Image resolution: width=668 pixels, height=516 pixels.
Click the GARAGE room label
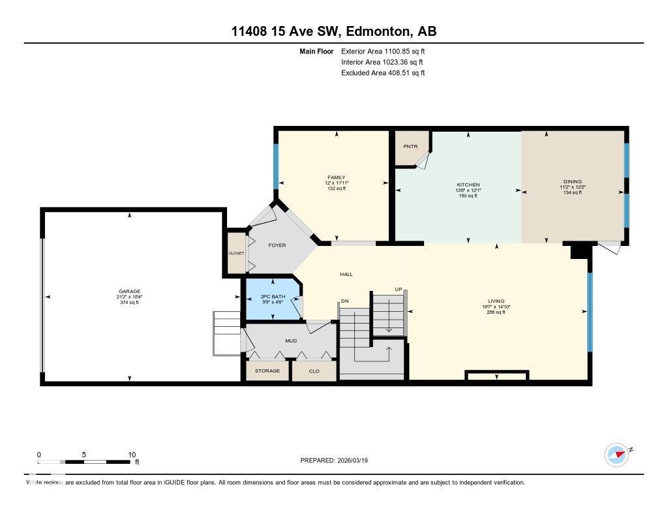pyautogui.click(x=129, y=292)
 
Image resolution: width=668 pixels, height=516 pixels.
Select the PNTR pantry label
pyautogui.click(x=410, y=146)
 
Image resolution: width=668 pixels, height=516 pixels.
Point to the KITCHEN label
pyautogui.click(x=468, y=185)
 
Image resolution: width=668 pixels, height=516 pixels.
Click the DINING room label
pyautogui.click(x=572, y=182)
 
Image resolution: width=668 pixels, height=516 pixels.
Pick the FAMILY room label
pyautogui.click(x=337, y=177)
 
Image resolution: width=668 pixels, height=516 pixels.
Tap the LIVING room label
pyautogui.click(x=496, y=301)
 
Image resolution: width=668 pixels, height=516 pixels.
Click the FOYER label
pyautogui.click(x=278, y=245)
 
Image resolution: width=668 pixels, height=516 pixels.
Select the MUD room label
pyautogui.click(x=291, y=340)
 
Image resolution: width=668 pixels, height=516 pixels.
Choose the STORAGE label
pyautogui.click(x=267, y=371)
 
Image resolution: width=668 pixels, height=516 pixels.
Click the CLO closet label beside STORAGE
pyautogui.click(x=314, y=371)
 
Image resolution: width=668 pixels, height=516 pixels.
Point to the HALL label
pyautogui.click(x=346, y=274)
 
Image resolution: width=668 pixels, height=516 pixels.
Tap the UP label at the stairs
pyautogui.click(x=398, y=289)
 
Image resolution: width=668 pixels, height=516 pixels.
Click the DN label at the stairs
pyautogui.click(x=344, y=301)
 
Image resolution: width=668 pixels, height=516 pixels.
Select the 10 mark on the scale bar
pyautogui.click(x=132, y=455)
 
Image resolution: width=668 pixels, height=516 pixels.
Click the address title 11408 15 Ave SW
pyautogui.click(x=334, y=31)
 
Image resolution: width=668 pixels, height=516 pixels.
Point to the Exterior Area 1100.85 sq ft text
pyautogui.click(x=383, y=51)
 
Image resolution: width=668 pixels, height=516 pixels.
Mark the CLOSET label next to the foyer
pyautogui.click(x=235, y=253)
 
